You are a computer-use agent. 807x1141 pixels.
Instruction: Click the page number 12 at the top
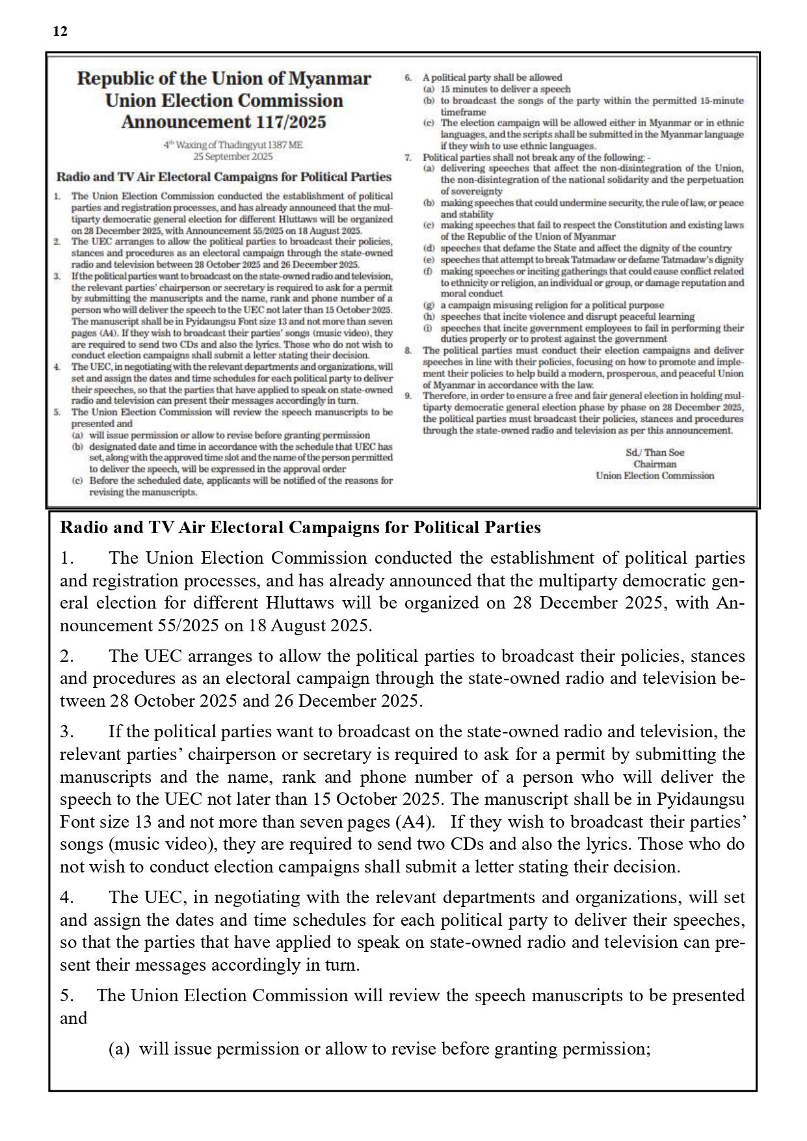[x=60, y=31]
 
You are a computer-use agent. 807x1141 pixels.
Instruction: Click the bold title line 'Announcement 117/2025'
[x=224, y=122]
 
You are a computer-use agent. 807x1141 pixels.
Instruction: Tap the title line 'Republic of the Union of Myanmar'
[x=224, y=79]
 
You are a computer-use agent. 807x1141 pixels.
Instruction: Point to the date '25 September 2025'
[x=233, y=157]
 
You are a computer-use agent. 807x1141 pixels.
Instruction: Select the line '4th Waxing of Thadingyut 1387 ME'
[x=233, y=146]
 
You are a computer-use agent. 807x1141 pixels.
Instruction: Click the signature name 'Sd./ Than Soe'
[x=655, y=452]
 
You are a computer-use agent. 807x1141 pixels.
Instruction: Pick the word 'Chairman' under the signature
[x=655, y=464]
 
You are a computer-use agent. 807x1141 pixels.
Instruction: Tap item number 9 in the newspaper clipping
[x=408, y=396]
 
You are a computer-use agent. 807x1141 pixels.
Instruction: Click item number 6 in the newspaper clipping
[x=408, y=77]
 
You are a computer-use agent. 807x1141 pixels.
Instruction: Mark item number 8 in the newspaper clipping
[x=408, y=350]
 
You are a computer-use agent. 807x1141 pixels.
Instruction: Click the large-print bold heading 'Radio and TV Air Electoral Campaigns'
[x=300, y=527]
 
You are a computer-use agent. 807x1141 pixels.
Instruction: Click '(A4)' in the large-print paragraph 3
[x=415, y=822]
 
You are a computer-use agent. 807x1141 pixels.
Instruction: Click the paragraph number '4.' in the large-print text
[x=66, y=898]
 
